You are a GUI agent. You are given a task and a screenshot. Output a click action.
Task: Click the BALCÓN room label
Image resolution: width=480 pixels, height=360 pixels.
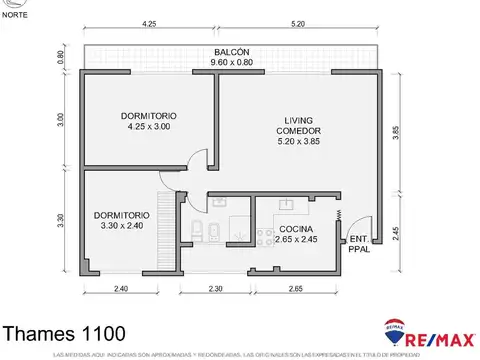tap(231, 52)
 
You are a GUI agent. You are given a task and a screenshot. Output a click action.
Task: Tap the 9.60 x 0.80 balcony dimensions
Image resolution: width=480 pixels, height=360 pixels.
tap(231, 63)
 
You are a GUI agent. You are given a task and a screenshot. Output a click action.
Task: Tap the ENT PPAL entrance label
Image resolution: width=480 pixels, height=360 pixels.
tap(356, 243)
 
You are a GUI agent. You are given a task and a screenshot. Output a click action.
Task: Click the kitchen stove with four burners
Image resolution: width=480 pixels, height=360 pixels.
tap(265, 237)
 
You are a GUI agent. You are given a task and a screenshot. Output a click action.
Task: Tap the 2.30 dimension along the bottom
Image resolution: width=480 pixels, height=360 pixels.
tap(215, 289)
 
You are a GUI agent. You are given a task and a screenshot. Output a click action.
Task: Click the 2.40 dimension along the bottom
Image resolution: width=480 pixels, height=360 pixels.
tap(120, 289)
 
